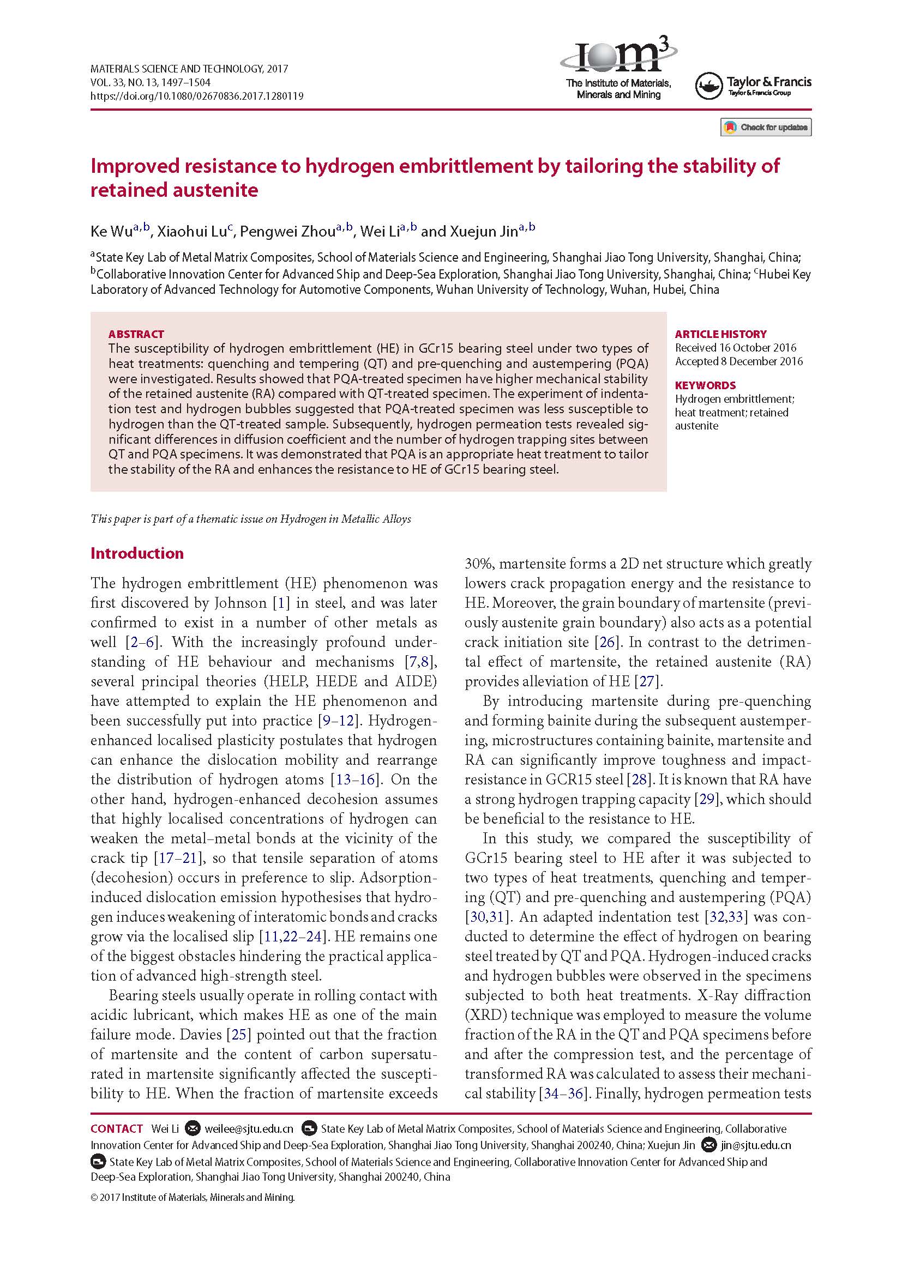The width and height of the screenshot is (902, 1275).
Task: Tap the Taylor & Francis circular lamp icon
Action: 709,86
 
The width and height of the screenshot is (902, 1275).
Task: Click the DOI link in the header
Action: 197,96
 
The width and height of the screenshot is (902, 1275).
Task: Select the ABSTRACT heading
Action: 136,334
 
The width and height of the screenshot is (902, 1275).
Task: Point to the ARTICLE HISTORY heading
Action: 720,334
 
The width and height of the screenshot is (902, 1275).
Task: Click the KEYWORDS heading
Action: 705,385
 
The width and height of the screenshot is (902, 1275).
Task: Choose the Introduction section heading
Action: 137,553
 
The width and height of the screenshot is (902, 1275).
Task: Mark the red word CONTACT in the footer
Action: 117,1128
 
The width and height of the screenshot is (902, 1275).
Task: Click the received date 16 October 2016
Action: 735,348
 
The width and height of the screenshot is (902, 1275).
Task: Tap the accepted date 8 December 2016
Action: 739,361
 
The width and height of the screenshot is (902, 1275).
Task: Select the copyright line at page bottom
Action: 192,1197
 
